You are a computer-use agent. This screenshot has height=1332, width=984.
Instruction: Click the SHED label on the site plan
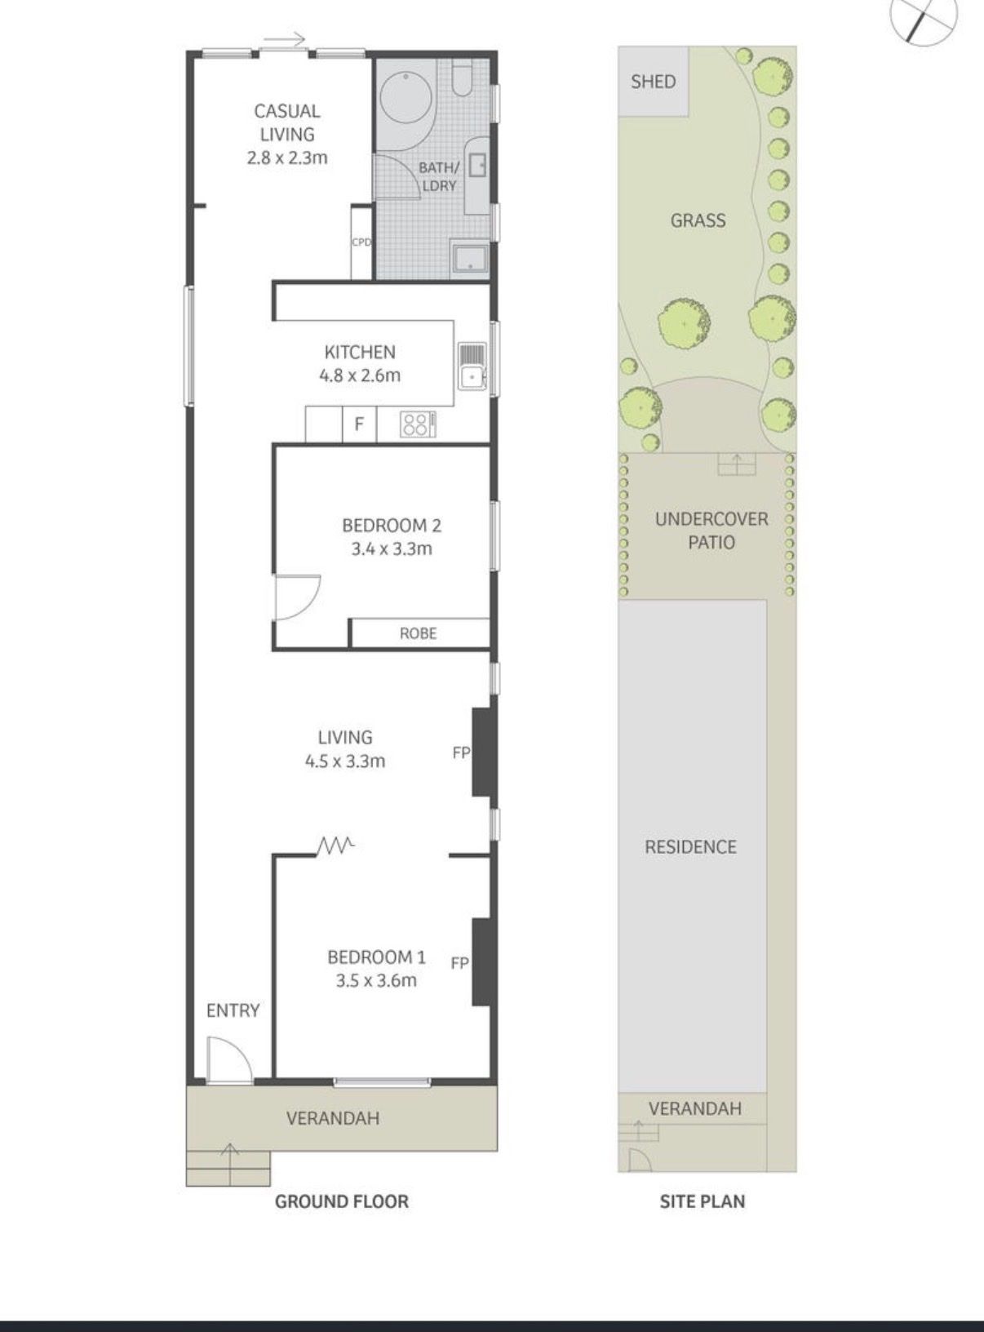tap(654, 82)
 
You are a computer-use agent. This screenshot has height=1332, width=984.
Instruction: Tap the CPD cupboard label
tap(361, 242)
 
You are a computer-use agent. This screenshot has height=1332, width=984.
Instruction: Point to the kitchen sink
tap(472, 366)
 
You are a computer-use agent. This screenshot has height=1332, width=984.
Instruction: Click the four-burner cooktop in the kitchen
tap(415, 424)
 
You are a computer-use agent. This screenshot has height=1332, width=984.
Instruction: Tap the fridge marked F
tap(359, 424)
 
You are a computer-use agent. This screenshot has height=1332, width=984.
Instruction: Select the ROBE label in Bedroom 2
tap(419, 633)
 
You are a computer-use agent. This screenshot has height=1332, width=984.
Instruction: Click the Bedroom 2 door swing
tap(297, 597)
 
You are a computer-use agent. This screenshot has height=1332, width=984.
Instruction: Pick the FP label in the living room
tap(461, 753)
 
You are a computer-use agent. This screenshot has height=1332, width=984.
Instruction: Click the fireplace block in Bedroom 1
tap(481, 962)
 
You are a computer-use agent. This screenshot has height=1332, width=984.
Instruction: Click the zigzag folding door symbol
tap(335, 846)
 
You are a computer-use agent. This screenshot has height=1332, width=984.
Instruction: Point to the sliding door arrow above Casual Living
tap(285, 41)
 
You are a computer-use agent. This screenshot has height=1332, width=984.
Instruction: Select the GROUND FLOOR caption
tap(342, 1201)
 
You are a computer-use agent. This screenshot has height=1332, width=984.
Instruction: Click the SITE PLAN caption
tap(703, 1201)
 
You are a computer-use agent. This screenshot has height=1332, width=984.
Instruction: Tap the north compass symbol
tap(924, 22)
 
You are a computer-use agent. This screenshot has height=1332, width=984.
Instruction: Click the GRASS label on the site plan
tap(698, 220)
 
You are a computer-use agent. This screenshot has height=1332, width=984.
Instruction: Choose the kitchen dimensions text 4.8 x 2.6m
tap(360, 375)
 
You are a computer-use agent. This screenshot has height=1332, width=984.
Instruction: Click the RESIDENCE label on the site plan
tap(690, 846)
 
